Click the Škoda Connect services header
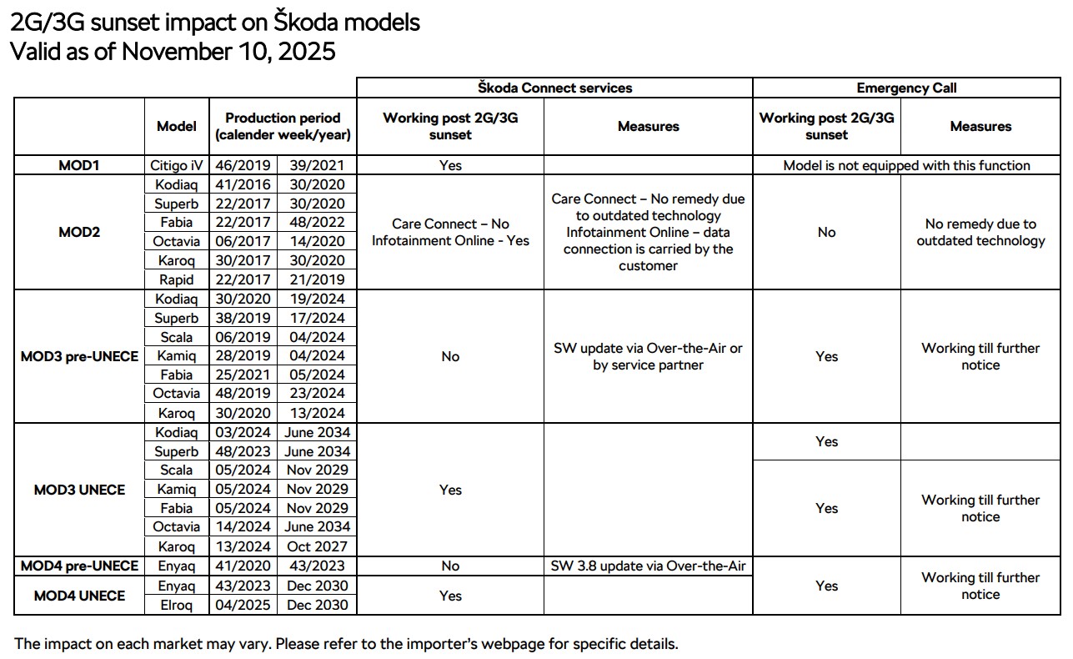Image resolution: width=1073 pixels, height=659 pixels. [x=554, y=88]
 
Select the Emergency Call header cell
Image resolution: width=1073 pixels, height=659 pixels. [x=906, y=88]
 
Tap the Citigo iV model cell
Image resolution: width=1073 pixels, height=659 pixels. [x=177, y=165]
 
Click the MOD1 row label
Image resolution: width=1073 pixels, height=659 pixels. [x=79, y=165]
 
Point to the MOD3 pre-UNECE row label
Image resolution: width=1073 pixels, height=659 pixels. [x=79, y=356]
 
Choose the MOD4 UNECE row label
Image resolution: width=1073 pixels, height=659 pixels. [x=79, y=596]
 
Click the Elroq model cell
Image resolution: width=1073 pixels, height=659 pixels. [x=177, y=605]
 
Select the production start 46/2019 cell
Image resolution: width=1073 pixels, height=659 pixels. [x=243, y=165]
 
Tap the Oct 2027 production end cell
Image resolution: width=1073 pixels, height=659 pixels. [x=317, y=546]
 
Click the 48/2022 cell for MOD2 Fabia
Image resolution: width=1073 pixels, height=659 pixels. [x=317, y=223]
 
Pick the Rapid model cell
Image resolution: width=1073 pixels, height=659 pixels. [x=177, y=279]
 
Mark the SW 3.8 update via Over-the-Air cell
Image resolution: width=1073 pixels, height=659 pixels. [x=648, y=566]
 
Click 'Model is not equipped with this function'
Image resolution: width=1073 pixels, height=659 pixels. [x=906, y=165]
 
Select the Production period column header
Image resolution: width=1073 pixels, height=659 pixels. [x=283, y=126]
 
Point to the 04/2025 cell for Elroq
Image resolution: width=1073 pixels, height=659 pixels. [x=243, y=605]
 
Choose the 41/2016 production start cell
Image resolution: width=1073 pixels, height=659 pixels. [x=243, y=184]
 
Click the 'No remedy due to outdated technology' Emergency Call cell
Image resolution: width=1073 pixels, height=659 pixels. [x=980, y=232]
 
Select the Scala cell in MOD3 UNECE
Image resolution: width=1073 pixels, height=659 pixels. [x=177, y=470]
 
